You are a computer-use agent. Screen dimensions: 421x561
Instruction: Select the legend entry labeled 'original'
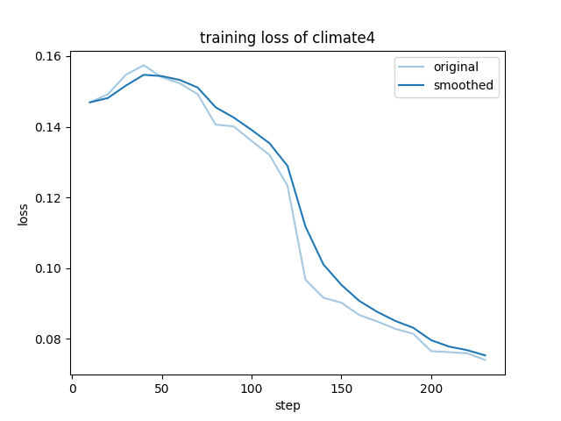point(456,68)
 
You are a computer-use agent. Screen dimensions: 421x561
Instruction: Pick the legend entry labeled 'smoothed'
point(463,86)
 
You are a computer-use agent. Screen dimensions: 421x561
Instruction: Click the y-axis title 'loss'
point(24,214)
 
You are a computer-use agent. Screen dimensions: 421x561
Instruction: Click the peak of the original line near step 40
point(144,65)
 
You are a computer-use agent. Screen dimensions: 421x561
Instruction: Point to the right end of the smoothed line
point(485,355)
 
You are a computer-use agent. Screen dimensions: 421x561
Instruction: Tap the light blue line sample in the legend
point(413,68)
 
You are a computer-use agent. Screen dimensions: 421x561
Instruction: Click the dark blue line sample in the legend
point(413,86)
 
